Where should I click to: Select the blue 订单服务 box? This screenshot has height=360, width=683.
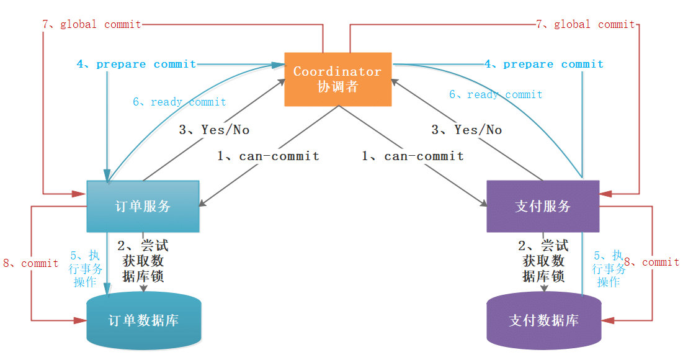143,206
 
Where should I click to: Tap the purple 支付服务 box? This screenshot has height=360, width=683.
543,206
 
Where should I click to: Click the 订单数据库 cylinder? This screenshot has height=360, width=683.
144,321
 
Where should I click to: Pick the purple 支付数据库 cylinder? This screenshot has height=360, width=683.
543,321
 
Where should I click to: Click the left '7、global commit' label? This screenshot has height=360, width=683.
92,25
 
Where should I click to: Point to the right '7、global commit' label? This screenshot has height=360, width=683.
586,25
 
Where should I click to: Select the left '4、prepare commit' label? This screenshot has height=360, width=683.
136,64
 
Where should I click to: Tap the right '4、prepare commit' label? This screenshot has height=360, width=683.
544,64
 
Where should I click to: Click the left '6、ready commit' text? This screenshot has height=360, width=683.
179,102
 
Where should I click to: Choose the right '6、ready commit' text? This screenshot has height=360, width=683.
496,94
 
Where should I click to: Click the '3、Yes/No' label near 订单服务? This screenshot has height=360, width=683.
214,130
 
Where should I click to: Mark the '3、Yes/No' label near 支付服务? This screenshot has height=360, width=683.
466,130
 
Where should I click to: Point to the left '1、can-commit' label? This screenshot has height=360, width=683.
268,156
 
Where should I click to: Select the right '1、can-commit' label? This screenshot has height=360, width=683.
413,156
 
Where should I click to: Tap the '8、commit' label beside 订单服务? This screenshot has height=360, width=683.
31,263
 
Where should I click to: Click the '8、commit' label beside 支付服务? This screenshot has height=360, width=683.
651,262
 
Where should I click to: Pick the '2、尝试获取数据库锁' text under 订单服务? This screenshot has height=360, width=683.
143,261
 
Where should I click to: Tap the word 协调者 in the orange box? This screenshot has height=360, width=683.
338,86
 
